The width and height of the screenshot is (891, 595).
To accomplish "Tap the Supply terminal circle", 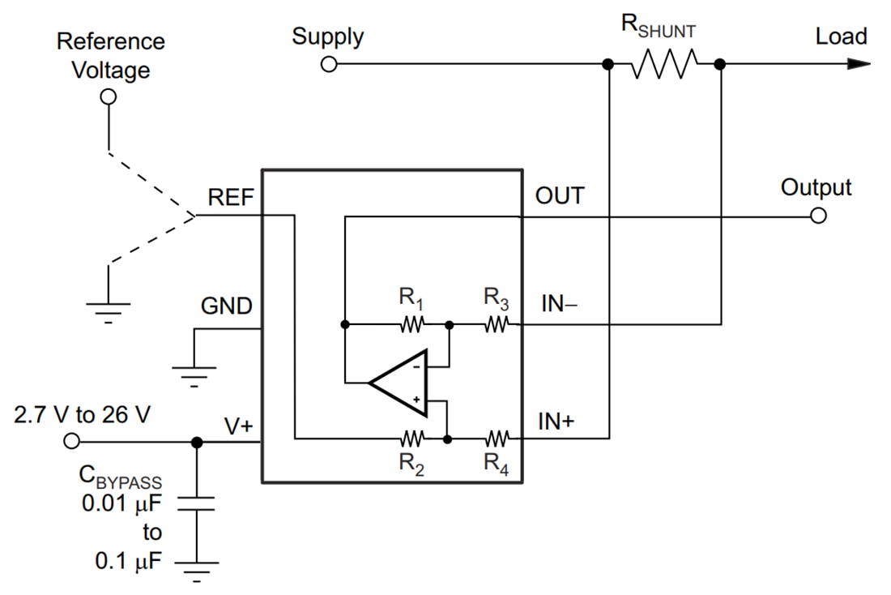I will point(328,64).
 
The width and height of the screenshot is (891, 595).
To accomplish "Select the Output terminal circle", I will point(818,216).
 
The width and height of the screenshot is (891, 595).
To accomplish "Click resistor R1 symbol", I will point(411,324).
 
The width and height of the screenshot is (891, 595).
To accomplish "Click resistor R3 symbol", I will point(497,324).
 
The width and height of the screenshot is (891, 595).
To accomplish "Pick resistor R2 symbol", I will point(411,439).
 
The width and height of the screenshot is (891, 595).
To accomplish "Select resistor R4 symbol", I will point(497,439).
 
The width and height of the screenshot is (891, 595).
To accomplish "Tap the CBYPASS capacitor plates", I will point(196,503).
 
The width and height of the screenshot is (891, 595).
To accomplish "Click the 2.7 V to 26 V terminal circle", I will point(71,441).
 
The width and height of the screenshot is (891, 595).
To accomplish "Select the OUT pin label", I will point(559,197).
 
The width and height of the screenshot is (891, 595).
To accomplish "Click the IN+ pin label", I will point(557,422).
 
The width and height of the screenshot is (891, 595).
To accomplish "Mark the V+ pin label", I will point(240,424).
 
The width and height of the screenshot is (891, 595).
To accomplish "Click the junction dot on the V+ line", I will point(196,442).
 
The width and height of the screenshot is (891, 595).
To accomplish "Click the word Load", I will point(841,36).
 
